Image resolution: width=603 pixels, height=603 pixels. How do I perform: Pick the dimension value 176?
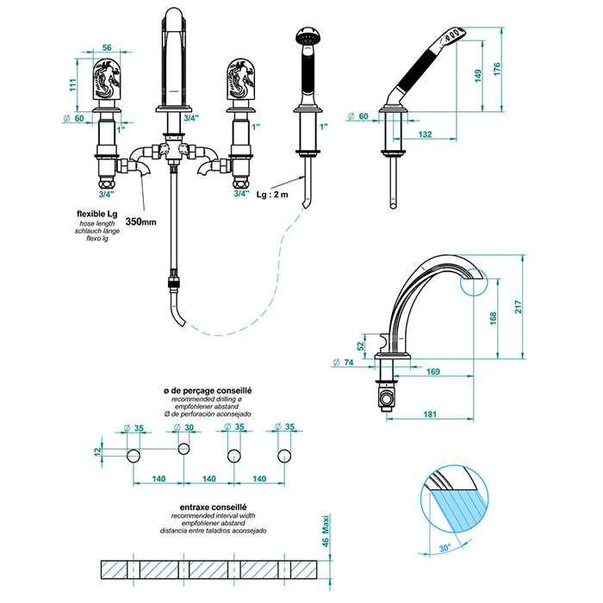508,70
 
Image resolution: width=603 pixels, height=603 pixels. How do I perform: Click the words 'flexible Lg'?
95,213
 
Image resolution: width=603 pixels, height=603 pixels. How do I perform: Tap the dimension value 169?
433,372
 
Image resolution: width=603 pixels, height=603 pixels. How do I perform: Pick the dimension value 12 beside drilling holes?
99,451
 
